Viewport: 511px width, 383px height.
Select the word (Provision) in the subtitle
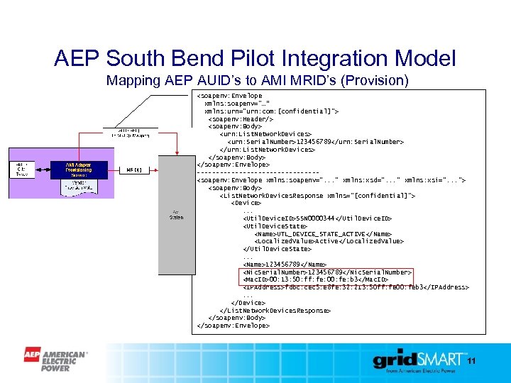click(375, 80)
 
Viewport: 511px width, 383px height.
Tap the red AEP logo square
click(32, 355)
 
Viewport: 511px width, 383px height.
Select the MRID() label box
click(133, 170)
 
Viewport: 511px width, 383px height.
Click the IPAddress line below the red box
click(355, 287)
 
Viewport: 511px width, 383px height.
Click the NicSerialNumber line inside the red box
click(326, 272)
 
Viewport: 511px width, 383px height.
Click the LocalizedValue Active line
click(329, 241)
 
